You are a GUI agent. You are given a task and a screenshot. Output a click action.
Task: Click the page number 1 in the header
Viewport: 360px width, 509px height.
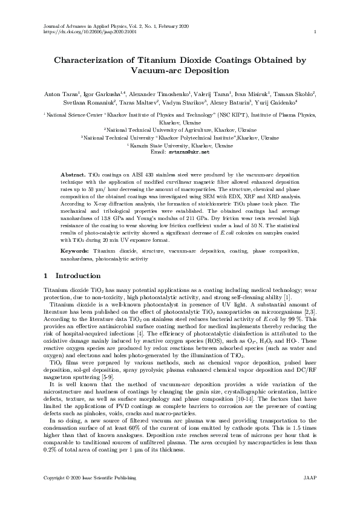(x=316, y=32)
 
